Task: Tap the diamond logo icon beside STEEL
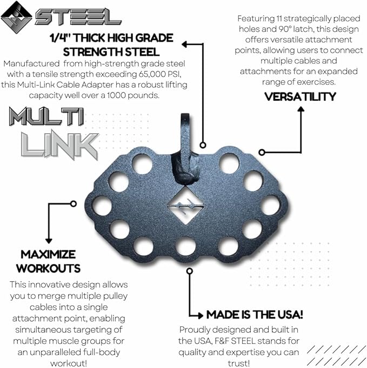pyautogui.click(x=17, y=16)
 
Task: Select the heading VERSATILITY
pyautogui.click(x=300, y=97)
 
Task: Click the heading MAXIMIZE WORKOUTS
pyautogui.click(x=48, y=261)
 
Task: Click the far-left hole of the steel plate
pyautogui.click(x=102, y=206)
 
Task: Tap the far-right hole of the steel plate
pyautogui.click(x=270, y=205)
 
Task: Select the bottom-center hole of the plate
pyautogui.click(x=185, y=247)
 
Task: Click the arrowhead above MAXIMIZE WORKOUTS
pyautogui.click(x=49, y=240)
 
